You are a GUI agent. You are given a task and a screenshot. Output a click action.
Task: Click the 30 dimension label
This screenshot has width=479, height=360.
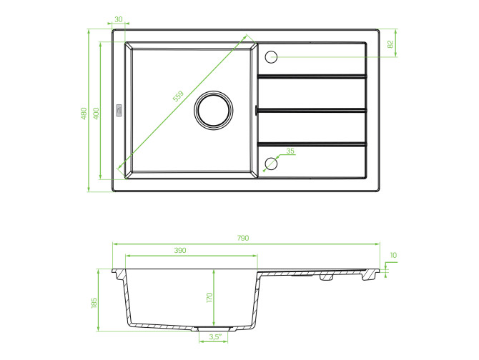coord(118,19)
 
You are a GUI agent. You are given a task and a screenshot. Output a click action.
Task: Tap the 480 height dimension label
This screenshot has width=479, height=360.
coord(84,113)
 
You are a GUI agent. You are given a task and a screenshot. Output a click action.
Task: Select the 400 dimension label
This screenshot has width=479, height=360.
coord(96,113)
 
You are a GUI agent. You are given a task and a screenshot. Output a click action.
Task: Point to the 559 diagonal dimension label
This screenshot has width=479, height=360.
coord(178,96)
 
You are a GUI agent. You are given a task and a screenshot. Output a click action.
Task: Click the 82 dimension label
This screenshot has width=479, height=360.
coord(390,44)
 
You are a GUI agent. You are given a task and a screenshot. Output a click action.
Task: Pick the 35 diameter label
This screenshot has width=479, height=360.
coord(290,151)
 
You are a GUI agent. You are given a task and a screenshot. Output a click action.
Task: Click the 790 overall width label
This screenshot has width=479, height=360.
coord(243,238)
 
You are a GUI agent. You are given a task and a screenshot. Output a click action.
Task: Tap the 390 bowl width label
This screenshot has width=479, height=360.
coord(180,251)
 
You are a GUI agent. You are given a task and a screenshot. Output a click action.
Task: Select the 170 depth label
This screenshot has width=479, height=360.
coord(209,297)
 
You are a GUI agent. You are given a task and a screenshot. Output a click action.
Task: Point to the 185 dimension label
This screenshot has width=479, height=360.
coord(94,303)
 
